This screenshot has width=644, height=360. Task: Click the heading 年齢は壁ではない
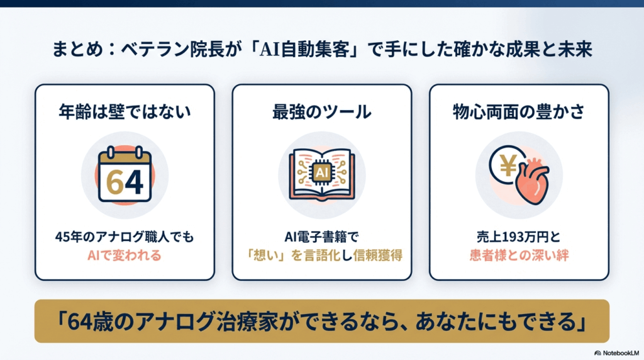(x=125, y=112)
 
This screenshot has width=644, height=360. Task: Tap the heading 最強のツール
(x=322, y=112)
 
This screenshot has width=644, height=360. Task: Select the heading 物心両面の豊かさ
(x=519, y=112)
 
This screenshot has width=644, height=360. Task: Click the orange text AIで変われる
(x=125, y=256)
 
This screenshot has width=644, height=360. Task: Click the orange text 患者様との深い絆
(x=519, y=256)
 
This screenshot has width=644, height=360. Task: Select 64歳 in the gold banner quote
(x=83, y=322)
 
